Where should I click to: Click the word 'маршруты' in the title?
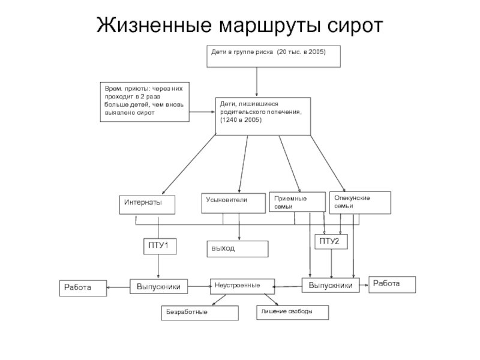[259, 25]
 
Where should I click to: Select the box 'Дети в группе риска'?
[274, 56]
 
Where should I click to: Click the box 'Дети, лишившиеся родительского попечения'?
[262, 115]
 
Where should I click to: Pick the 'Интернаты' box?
[148, 205]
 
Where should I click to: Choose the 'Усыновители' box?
[233, 202]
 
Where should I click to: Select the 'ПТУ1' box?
[160, 245]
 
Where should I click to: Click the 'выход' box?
[237, 248]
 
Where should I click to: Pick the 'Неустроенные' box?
[242, 285]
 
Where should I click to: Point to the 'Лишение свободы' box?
[292, 311]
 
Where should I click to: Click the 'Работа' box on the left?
[82, 288]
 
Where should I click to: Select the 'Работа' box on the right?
[392, 284]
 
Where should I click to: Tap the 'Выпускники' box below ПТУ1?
[158, 287]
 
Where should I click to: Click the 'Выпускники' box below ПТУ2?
[331, 285]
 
